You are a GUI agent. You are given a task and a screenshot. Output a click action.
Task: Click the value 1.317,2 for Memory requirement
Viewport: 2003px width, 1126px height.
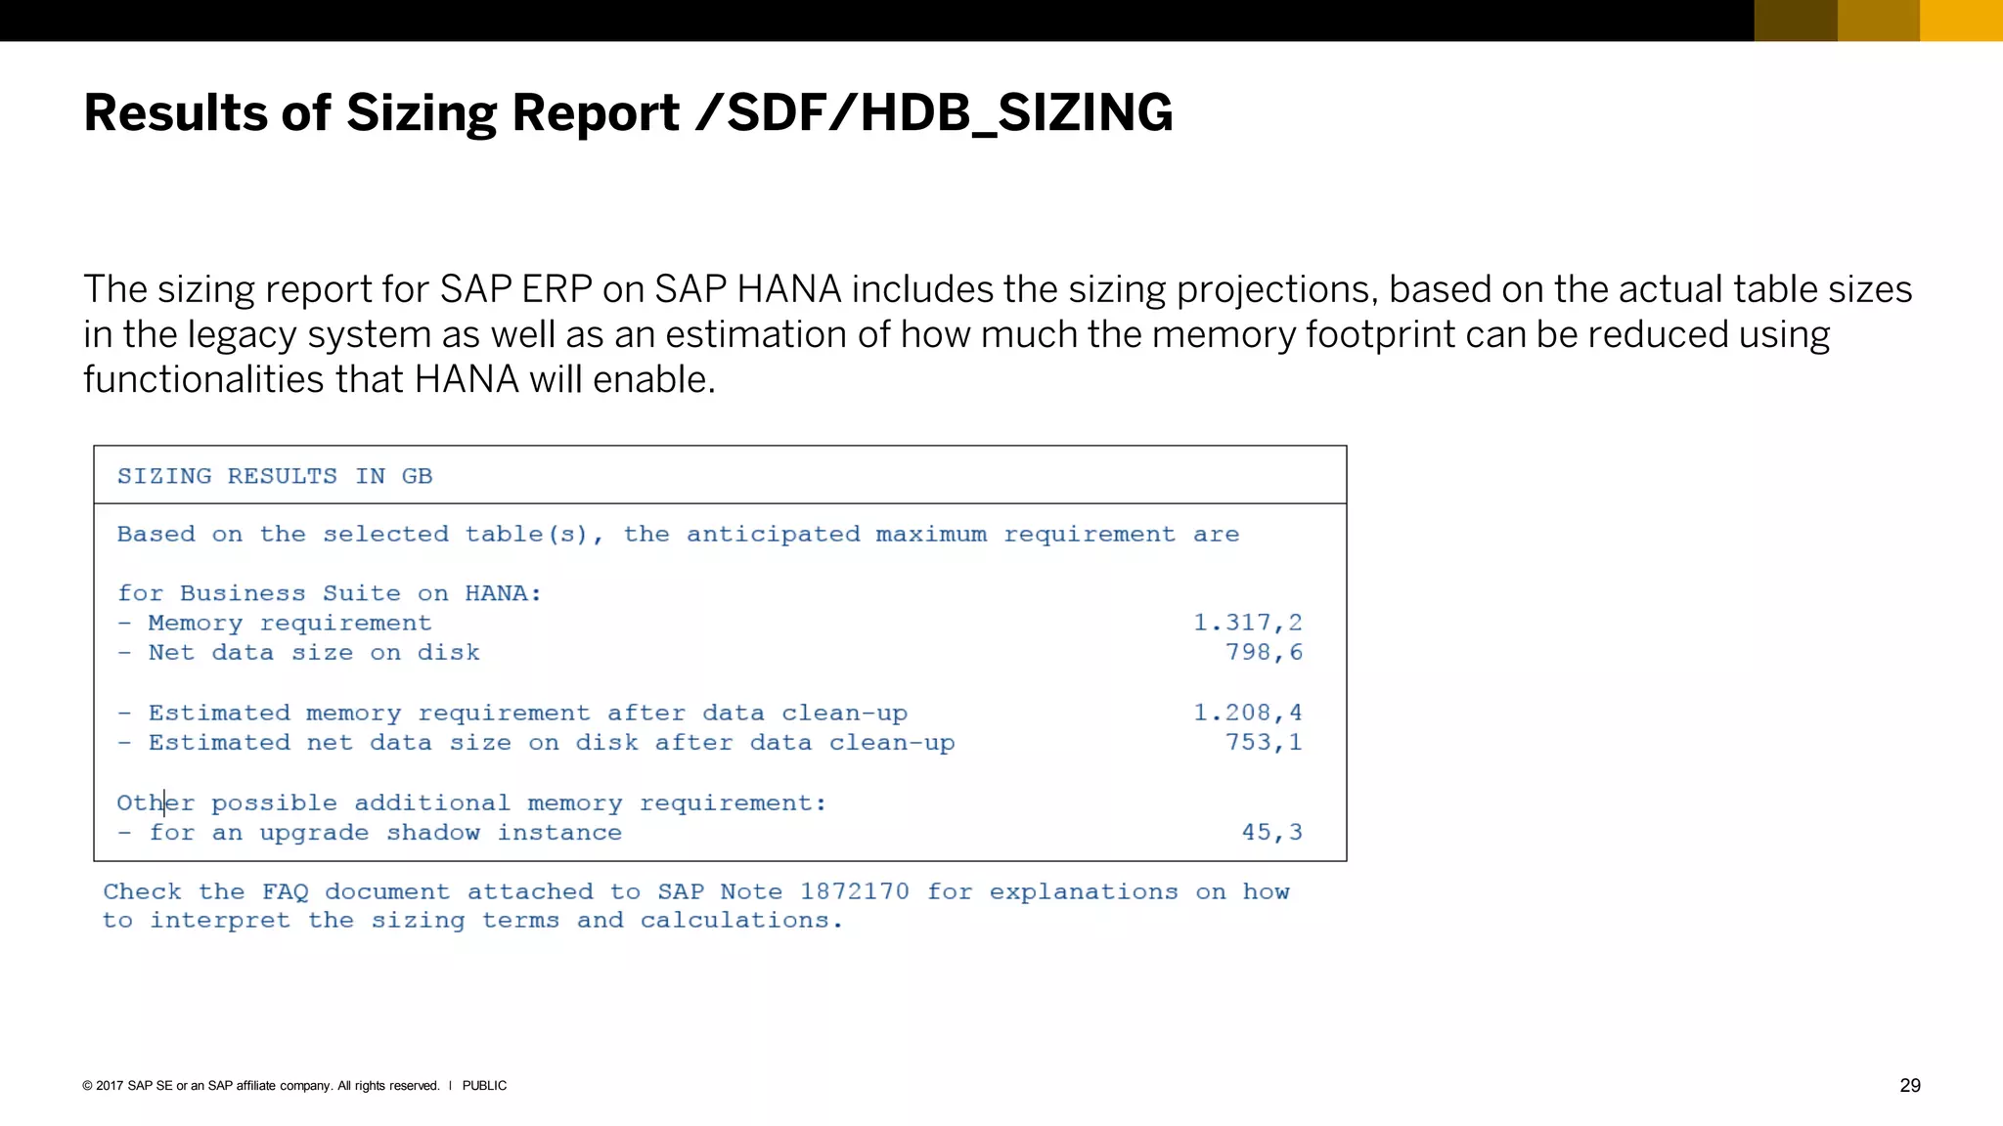[1247, 623]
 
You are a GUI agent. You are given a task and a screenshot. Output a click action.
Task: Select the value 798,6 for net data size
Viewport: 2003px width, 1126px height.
[1264, 652]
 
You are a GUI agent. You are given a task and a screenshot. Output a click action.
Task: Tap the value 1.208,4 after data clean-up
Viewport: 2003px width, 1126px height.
[1247, 713]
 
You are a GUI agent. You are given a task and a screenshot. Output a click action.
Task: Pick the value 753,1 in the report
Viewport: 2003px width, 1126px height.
[1264, 742]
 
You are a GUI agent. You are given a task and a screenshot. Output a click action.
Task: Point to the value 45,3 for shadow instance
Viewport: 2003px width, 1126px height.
[1271, 832]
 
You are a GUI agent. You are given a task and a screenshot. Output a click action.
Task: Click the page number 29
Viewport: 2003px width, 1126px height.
[1909, 1085]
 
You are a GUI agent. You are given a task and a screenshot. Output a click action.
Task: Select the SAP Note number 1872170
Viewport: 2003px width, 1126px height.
[854, 891]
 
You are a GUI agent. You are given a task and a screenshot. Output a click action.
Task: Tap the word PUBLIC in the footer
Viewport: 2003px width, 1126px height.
[484, 1085]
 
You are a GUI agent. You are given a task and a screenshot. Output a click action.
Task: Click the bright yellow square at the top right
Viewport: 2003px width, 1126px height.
[1961, 21]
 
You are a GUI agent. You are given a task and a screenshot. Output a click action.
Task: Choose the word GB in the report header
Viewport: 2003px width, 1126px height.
[417, 476]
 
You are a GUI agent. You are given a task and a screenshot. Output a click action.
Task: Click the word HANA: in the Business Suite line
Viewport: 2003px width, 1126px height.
[503, 593]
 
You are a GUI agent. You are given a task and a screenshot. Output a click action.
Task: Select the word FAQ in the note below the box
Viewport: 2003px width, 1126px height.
[285, 891]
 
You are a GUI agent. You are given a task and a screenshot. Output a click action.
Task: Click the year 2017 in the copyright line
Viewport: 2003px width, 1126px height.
[110, 1085]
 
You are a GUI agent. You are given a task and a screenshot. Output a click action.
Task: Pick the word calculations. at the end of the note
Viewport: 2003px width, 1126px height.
[741, 920]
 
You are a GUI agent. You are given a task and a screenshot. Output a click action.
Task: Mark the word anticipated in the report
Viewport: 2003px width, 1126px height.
[773, 534]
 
